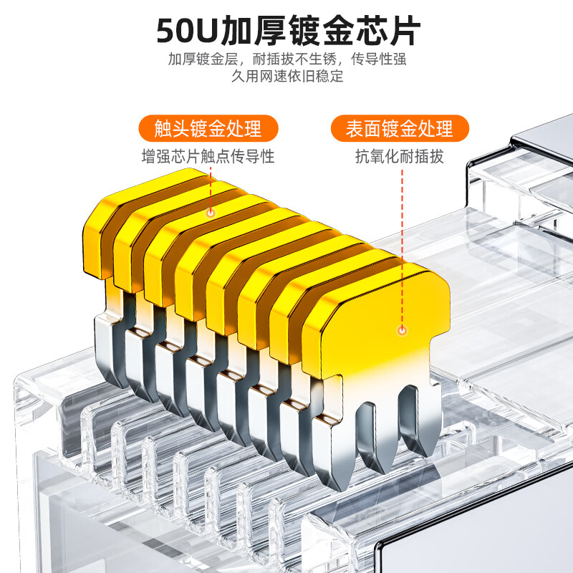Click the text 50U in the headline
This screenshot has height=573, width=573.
coord(188,32)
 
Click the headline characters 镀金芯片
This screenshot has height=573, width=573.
coord(354,32)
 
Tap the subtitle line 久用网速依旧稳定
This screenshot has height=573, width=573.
coord(286,76)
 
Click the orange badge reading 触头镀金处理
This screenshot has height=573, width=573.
coord(208,129)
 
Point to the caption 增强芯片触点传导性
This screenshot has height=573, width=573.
coord(208,155)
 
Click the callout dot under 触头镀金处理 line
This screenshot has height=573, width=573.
coord(211,213)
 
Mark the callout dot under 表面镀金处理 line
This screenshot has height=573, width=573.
coord(402,331)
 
